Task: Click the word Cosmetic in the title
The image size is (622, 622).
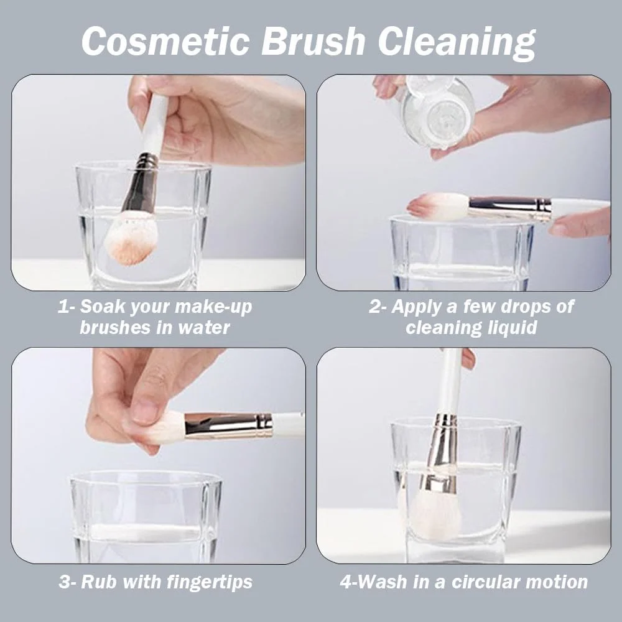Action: point(166,41)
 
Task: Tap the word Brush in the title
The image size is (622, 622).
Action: point(313,41)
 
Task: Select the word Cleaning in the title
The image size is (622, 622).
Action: point(457,44)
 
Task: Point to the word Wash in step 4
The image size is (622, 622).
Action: point(383,582)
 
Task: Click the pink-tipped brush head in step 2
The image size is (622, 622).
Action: point(438,207)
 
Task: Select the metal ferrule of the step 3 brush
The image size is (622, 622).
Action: point(228,425)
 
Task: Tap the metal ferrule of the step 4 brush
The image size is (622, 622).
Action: point(440,452)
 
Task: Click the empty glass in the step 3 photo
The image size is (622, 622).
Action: point(146,516)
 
